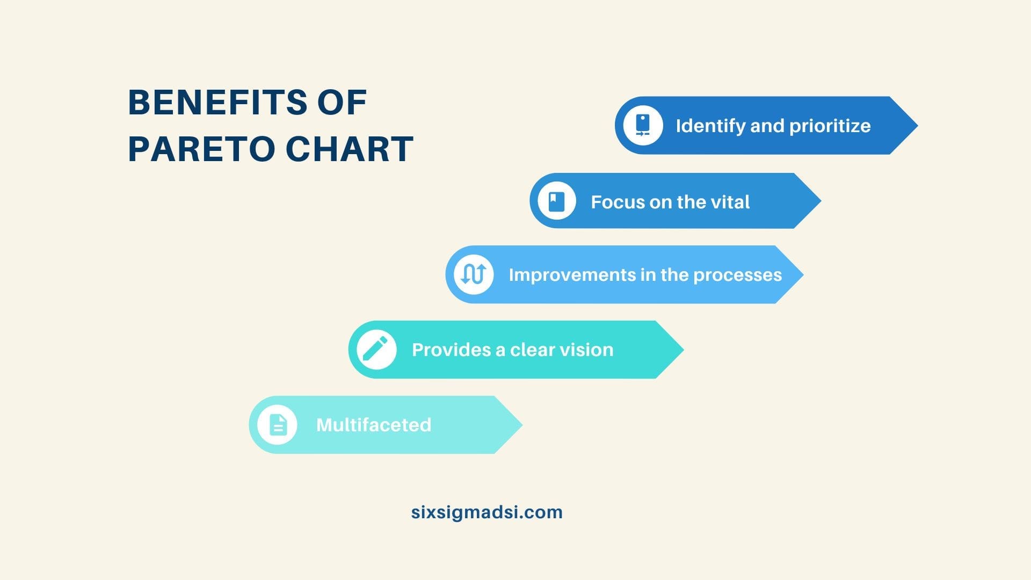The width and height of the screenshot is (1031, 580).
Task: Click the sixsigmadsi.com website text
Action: tap(487, 512)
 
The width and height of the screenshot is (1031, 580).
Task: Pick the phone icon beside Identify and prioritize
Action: tap(643, 125)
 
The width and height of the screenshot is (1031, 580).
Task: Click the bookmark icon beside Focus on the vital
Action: tap(557, 201)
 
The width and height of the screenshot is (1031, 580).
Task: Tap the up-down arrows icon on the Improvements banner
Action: tap(474, 274)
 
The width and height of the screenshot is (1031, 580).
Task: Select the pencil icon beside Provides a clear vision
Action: tap(376, 349)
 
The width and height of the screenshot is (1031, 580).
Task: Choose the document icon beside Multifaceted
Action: tap(278, 425)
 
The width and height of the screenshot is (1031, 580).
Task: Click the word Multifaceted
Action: tap(374, 425)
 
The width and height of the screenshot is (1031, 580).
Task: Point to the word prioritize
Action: tap(830, 126)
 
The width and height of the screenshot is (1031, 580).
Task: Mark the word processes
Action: tap(737, 275)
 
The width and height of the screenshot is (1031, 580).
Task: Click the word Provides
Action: tap(451, 350)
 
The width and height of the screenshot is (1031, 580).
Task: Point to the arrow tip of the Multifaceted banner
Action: tap(522, 425)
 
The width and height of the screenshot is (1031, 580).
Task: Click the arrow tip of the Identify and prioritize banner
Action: tap(917, 126)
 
